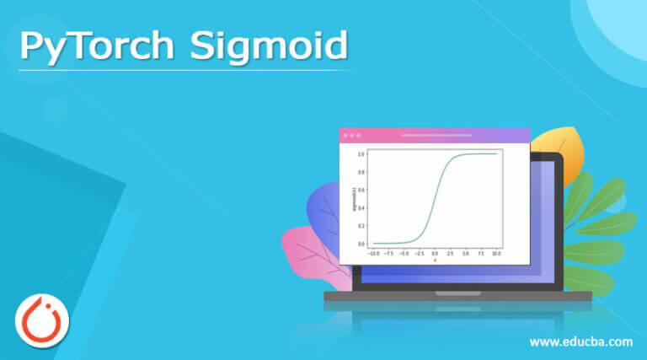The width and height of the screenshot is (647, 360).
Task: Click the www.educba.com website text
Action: pyautogui.click(x=580, y=341)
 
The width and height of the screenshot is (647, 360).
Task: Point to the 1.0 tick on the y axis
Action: pyautogui.click(x=361, y=154)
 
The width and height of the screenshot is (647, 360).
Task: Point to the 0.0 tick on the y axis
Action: pyautogui.click(x=361, y=244)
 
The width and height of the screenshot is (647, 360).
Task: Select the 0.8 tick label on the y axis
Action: pyautogui.click(x=361, y=172)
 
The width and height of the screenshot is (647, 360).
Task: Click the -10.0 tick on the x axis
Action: pyautogui.click(x=373, y=251)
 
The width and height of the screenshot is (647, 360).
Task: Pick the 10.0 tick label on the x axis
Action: pyautogui.click(x=496, y=251)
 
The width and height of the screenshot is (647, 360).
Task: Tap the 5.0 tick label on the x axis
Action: pyautogui.click(x=466, y=251)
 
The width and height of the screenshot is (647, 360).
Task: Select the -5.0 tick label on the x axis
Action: pyautogui.click(x=404, y=251)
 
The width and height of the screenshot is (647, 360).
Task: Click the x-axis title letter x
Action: pyautogui.click(x=435, y=259)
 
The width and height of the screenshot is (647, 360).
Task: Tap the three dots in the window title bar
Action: pyautogui.click(x=352, y=135)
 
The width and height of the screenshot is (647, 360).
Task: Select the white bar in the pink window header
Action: pyautogui.click(x=436, y=135)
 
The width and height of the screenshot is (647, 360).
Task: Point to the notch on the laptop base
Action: pyautogui.click(x=457, y=293)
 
